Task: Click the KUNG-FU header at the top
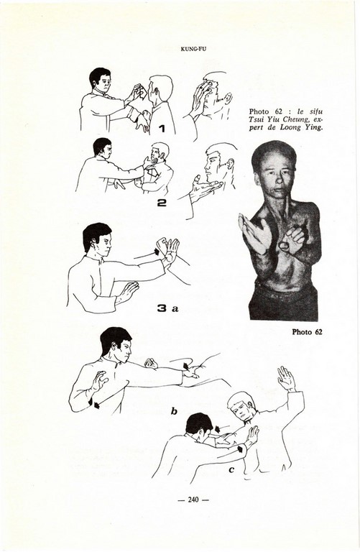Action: [193, 49]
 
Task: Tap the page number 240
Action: [193, 500]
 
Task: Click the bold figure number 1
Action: [162, 129]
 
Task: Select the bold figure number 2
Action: [161, 203]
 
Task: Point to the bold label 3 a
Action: [167, 309]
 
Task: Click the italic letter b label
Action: [174, 411]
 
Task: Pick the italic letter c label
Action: [231, 469]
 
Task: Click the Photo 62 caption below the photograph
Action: [307, 331]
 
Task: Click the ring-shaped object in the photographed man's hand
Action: [284, 245]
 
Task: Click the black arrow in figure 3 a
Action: [156, 252]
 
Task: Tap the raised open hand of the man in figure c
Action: [287, 379]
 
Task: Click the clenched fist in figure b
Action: [151, 363]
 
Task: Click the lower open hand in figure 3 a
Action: [126, 293]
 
